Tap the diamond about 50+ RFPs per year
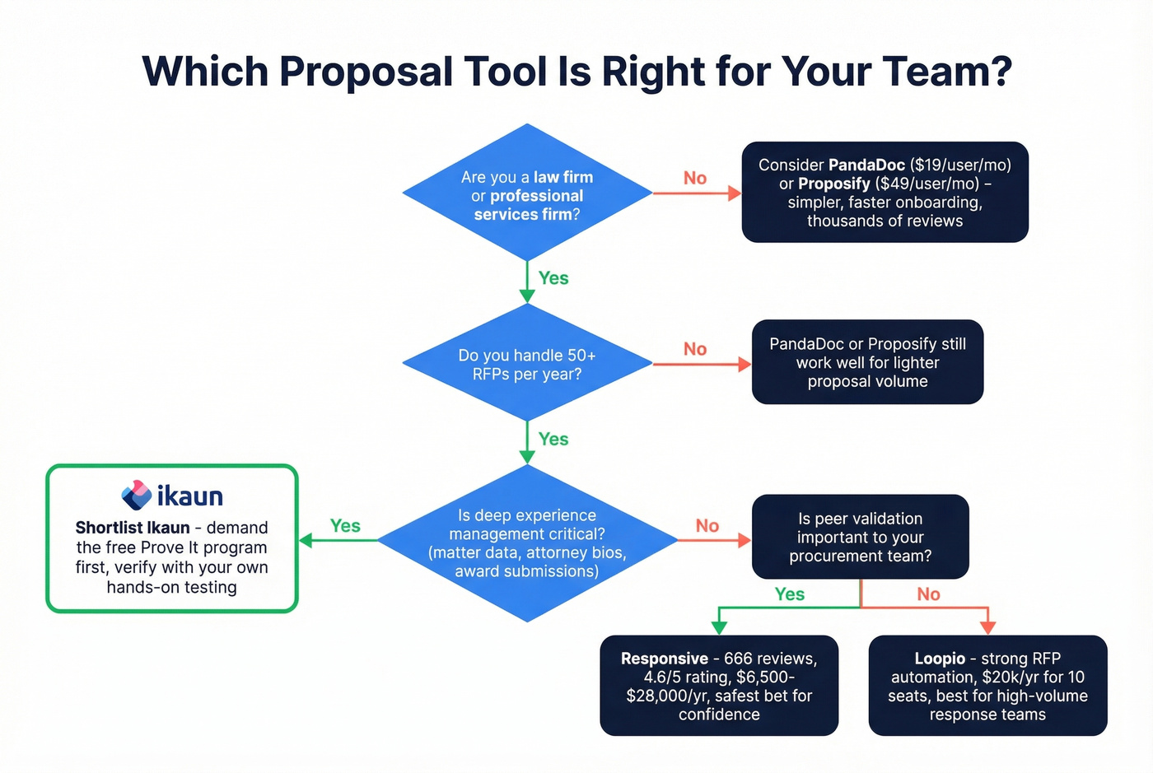527,364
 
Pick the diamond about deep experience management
527,542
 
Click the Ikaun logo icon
136,495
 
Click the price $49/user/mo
927,184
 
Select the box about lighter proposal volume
867,362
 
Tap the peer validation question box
860,537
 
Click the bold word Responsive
664,659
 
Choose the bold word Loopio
939,659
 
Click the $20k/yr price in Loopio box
1010,678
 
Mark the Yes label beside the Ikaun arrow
345,526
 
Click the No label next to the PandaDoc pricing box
695,178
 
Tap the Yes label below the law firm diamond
553,278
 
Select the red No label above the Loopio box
928,594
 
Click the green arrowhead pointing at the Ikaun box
306,541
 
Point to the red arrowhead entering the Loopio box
987,628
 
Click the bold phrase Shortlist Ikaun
133,528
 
